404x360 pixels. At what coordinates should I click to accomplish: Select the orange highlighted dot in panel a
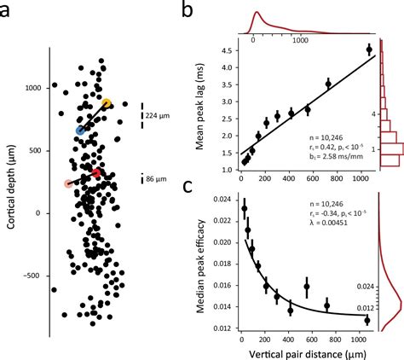point(107,103)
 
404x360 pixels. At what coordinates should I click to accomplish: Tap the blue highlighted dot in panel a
point(80,130)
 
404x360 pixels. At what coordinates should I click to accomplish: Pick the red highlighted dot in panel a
point(96,173)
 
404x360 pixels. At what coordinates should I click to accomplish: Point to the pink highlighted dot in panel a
point(69,183)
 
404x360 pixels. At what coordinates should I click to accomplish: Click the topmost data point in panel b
point(368,49)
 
